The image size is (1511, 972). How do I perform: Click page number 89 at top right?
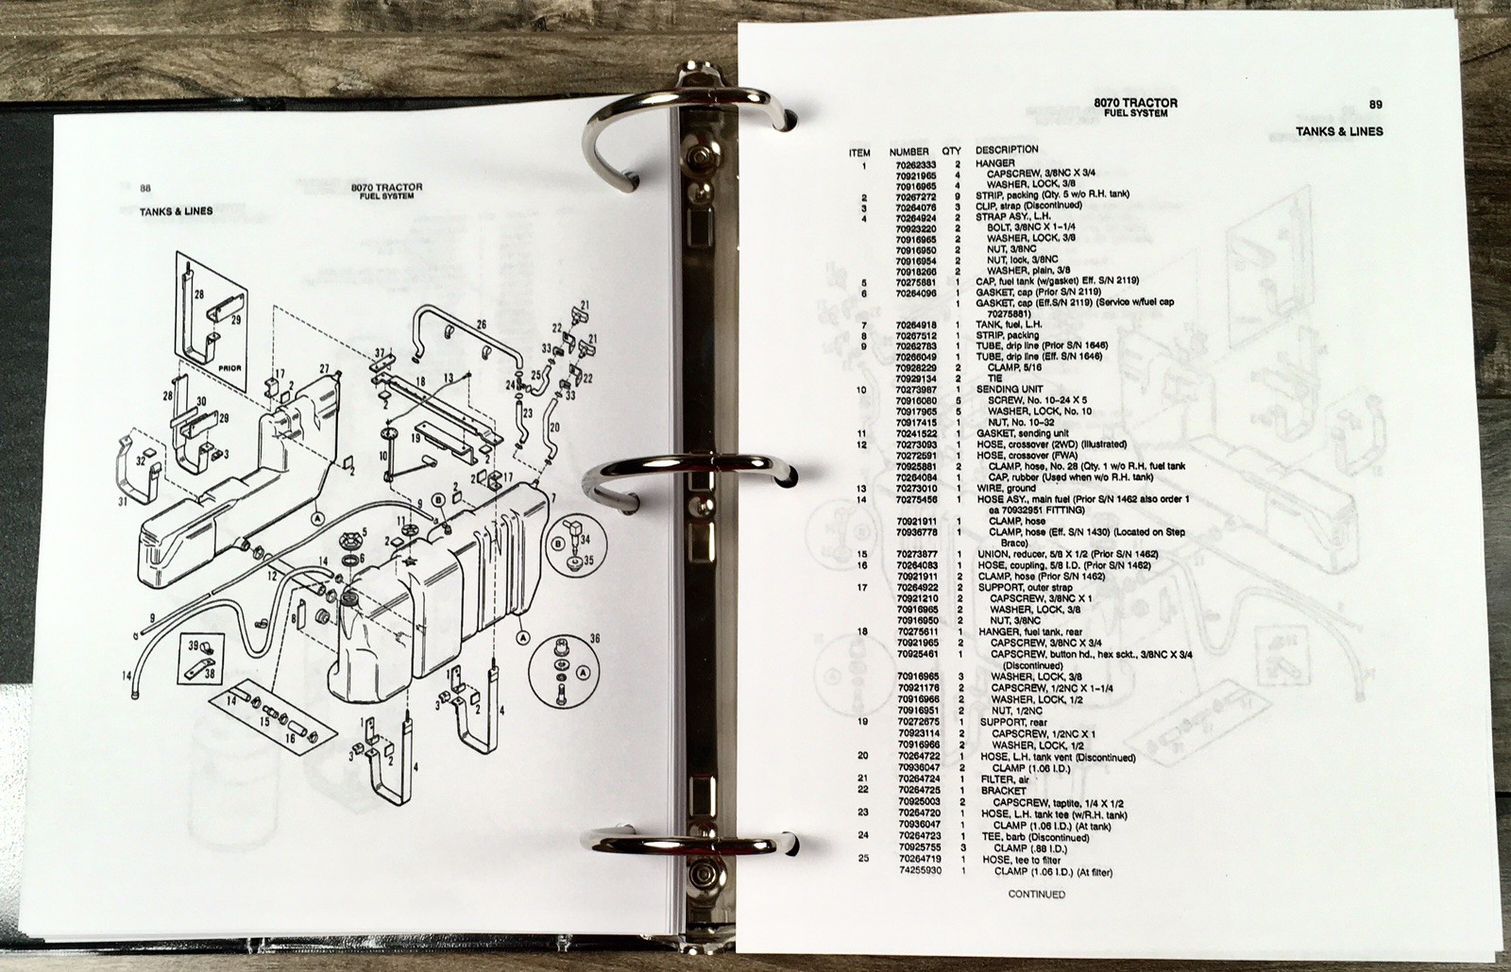[1375, 105]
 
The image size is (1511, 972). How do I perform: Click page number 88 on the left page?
[145, 189]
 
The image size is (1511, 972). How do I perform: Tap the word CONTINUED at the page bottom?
[1037, 895]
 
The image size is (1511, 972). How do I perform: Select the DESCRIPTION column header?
[1007, 150]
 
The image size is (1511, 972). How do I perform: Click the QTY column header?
[951, 152]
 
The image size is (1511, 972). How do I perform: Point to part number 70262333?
[917, 164]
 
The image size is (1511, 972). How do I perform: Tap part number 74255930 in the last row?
[920, 871]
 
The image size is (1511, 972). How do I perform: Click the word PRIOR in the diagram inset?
[230, 369]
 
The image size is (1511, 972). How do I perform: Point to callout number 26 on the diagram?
[481, 325]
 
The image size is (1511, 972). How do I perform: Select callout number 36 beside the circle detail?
[594, 639]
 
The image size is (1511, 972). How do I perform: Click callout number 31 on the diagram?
[124, 501]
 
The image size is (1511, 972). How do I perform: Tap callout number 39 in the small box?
[194, 645]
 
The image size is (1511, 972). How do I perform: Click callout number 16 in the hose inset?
[290, 739]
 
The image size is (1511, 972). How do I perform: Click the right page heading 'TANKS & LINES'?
[1340, 131]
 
